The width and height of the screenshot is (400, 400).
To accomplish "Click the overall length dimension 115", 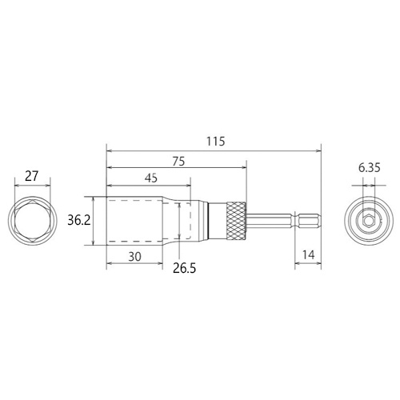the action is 216,142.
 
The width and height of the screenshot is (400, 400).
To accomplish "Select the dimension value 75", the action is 178,162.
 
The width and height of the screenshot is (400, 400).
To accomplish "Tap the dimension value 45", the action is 151,178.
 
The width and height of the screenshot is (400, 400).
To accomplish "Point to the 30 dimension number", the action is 134,257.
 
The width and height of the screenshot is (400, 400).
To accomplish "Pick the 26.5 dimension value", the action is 184,268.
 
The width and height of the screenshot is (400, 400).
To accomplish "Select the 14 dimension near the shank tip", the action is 309,255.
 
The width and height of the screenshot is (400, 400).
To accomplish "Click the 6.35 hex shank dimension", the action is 369,168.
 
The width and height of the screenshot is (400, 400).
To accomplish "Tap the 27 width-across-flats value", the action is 32,176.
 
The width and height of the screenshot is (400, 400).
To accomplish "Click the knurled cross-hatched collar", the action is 236,221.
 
